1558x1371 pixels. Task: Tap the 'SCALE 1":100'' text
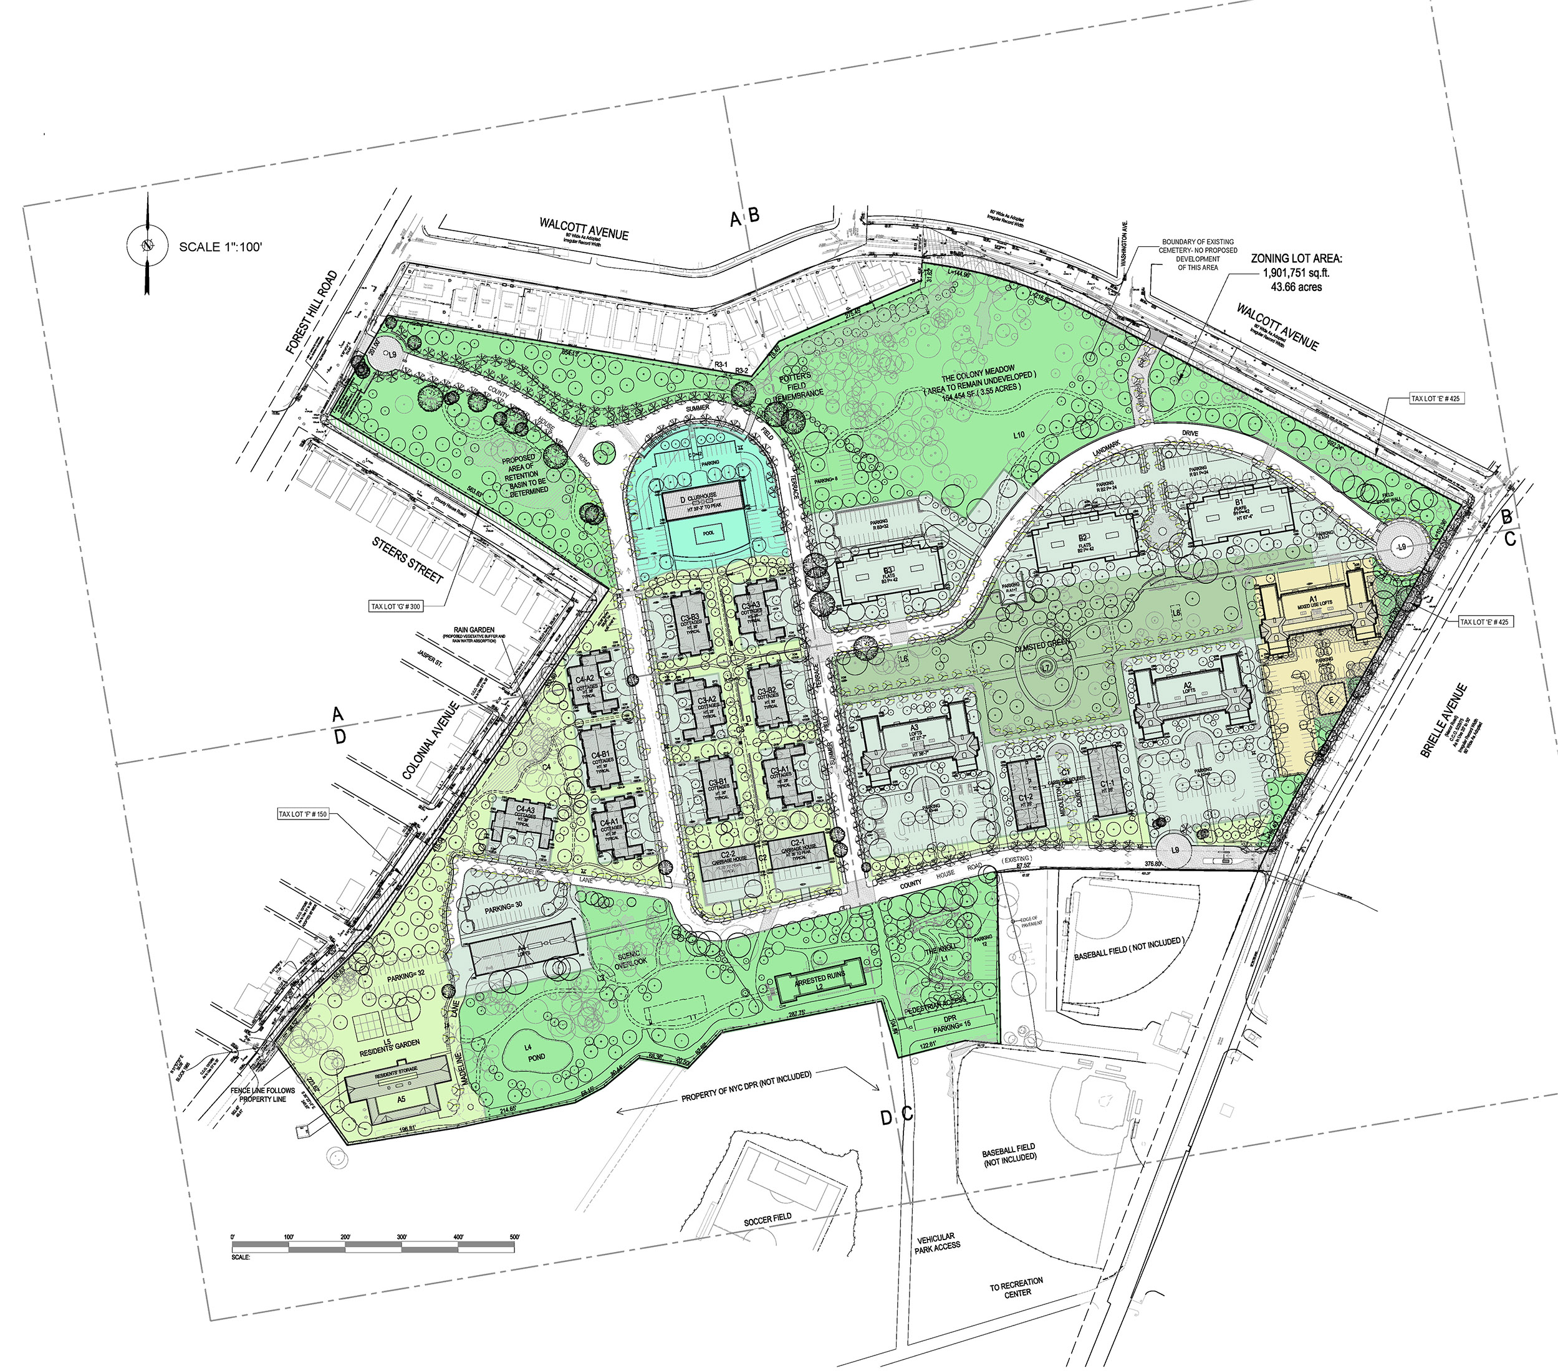click(x=220, y=247)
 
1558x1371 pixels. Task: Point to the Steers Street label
click(x=408, y=560)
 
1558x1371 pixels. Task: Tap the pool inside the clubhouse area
click(x=708, y=534)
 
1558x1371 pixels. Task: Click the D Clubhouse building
click(x=702, y=500)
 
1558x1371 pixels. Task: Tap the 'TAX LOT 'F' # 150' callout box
click(x=302, y=814)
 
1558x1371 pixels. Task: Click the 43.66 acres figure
click(x=1296, y=287)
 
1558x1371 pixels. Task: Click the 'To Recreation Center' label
click(x=1017, y=1287)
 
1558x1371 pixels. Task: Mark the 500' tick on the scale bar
click(x=514, y=1236)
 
